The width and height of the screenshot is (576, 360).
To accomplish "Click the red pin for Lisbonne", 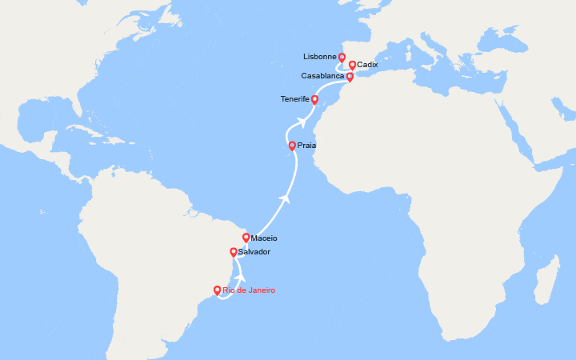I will (x=342, y=58).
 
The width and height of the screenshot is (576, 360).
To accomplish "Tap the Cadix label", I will (x=367, y=65).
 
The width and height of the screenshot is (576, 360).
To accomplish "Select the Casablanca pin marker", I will (x=350, y=77).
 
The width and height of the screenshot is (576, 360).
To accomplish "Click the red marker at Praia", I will (x=292, y=146).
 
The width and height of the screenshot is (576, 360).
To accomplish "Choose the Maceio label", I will (x=263, y=238).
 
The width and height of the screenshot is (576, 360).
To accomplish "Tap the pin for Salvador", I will (x=233, y=252).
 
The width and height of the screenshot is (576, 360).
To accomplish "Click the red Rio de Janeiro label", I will (x=249, y=290).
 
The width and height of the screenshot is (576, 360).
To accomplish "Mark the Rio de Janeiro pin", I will (x=217, y=290).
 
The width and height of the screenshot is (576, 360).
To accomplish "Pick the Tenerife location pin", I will (x=314, y=100).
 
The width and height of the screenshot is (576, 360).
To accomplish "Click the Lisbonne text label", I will (x=320, y=58).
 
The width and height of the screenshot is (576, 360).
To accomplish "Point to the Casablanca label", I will (x=322, y=76).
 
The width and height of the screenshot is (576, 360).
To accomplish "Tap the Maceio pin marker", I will (x=246, y=238).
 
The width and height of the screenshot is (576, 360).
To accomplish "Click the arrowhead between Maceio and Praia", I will (x=283, y=196).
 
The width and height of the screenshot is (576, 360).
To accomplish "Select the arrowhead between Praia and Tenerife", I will (x=302, y=122).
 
